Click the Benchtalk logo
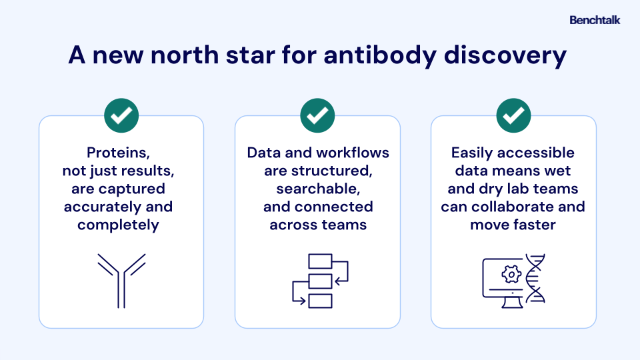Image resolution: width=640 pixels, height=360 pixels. [x=595, y=20]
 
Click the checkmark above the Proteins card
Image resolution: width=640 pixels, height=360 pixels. [x=121, y=116]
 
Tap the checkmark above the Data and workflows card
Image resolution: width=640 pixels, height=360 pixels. [x=317, y=116]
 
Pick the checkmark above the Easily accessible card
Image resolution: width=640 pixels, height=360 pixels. [x=513, y=116]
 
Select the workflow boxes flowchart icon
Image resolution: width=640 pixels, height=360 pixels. [x=320, y=281]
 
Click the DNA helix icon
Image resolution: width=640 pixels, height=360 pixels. [x=535, y=279]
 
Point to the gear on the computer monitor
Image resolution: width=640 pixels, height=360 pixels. [x=511, y=273]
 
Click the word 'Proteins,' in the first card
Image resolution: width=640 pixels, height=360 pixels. [x=121, y=153]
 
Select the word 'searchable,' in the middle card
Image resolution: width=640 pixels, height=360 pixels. [x=317, y=189]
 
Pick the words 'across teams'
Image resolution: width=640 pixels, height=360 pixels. [x=318, y=225]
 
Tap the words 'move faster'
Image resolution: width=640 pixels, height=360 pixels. [x=513, y=225]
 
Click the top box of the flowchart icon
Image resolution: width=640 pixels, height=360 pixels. [x=320, y=261]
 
